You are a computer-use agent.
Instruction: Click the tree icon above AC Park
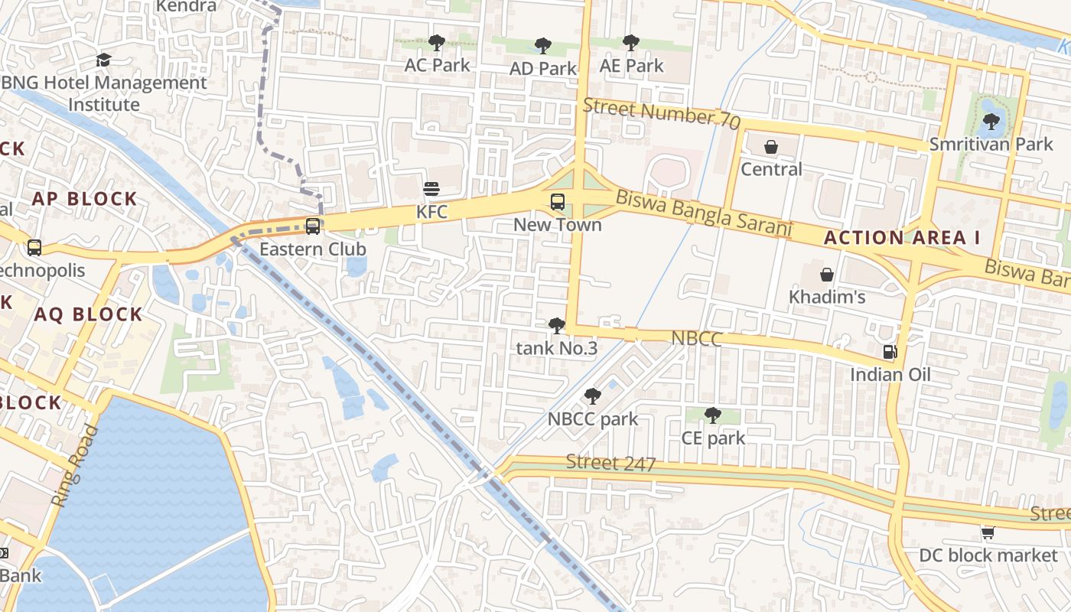click(436, 43)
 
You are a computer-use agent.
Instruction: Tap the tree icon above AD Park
click(543, 46)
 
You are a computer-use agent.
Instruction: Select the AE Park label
click(632, 66)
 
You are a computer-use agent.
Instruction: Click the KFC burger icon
click(431, 189)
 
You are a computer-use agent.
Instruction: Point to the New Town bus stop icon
click(558, 202)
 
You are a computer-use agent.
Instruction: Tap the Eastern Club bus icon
click(313, 226)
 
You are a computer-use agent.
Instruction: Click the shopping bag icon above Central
click(771, 147)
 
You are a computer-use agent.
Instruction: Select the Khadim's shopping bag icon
click(827, 275)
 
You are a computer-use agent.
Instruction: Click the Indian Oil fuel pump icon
click(890, 352)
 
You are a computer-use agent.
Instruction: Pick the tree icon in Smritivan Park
click(991, 121)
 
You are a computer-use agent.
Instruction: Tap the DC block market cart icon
click(988, 532)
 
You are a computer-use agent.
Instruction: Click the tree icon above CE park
click(712, 415)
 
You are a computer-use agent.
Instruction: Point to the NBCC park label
click(593, 419)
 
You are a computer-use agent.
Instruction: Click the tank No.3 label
click(557, 349)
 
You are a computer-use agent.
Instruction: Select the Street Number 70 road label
click(662, 114)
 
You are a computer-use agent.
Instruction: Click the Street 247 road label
click(611, 463)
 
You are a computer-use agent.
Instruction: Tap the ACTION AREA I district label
click(902, 237)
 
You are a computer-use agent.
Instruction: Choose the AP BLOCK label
click(84, 199)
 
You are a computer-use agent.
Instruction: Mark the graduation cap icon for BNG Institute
click(103, 60)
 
